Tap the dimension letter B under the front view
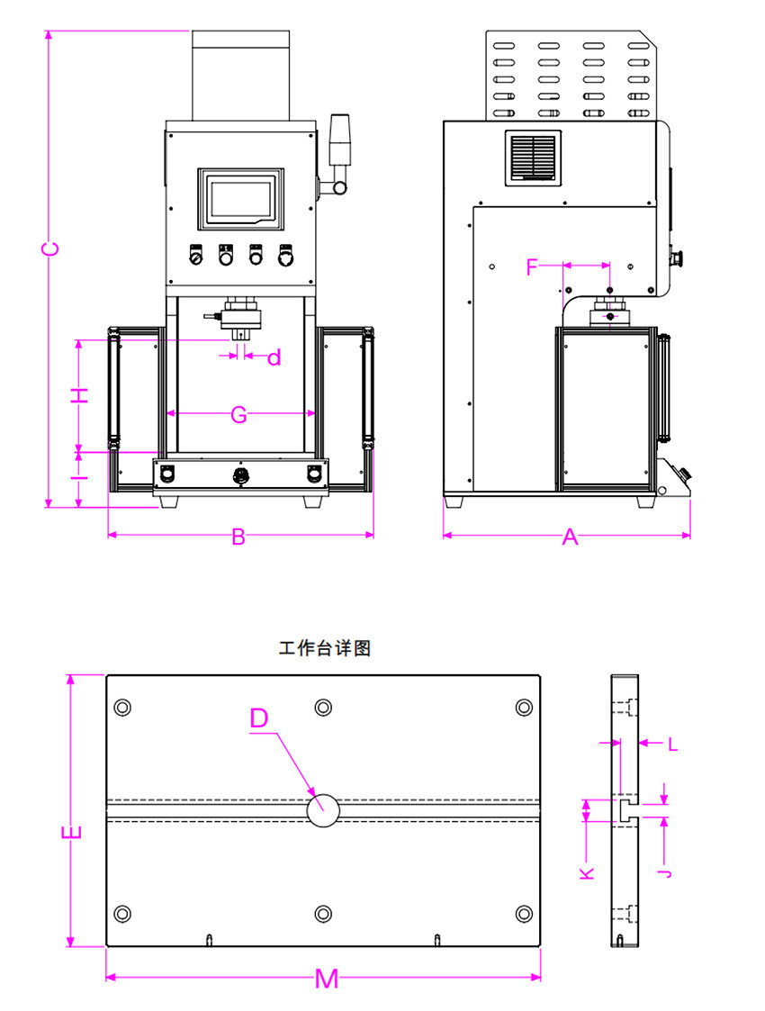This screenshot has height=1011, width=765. point(238,537)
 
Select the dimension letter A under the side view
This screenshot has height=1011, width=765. point(570,537)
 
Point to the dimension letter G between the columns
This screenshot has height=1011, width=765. point(238,415)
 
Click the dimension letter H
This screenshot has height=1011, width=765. point(81,395)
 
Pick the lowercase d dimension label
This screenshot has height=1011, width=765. point(274,358)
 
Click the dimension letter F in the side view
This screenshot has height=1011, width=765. point(532,266)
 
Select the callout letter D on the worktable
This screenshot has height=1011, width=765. point(259,718)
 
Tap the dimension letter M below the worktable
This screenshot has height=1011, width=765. point(327,979)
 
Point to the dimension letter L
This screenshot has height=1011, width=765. point(672,744)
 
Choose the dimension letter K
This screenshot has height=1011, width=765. point(587,871)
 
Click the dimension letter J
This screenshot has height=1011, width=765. point(664,871)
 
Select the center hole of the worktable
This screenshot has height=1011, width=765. point(323,809)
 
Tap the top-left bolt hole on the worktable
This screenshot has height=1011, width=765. point(123,707)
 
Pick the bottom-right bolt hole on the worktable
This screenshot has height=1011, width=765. point(524,914)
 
